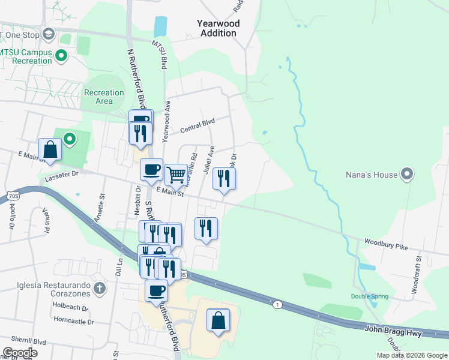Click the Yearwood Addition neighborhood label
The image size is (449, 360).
[x=218, y=28]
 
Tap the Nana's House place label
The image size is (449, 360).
[x=372, y=175]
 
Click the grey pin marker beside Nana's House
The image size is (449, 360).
[x=408, y=175]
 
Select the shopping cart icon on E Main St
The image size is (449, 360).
[x=175, y=175]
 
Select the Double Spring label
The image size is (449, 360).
[x=369, y=296]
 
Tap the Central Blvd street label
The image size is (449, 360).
[x=197, y=122]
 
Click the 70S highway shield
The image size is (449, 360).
[x=14, y=196]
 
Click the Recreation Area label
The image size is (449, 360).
[x=104, y=97]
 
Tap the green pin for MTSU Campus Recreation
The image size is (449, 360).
[x=61, y=56]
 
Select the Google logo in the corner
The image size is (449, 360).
[x=19, y=353]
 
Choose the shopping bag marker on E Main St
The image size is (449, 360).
[x=50, y=150]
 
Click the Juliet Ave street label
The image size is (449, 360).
[x=208, y=159]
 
